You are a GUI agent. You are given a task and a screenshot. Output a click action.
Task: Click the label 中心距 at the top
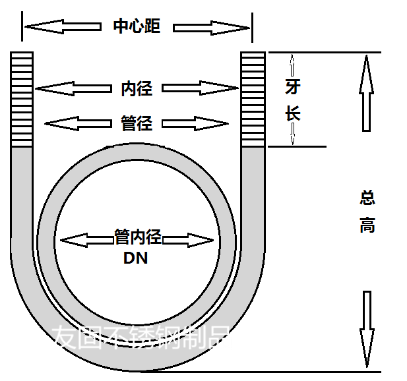137,27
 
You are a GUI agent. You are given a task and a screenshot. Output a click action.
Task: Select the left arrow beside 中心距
63,27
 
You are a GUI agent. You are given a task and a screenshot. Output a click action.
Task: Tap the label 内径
137,88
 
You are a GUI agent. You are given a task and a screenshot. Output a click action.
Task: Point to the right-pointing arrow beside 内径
200,88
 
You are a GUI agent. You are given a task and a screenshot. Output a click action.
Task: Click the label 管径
137,123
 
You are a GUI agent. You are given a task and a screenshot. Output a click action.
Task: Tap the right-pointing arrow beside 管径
195,123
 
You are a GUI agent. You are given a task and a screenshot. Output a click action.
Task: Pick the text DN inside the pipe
136,258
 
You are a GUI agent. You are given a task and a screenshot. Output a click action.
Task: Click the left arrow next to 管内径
86,239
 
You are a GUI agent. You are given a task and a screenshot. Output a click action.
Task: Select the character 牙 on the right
293,88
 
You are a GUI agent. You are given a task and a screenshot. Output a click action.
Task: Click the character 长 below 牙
293,113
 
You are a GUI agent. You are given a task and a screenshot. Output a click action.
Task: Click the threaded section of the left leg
22,99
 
